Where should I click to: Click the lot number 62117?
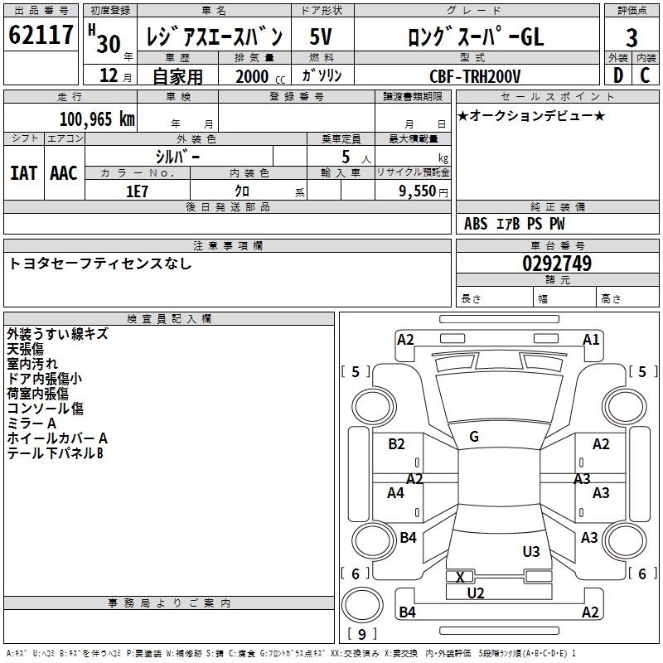[x=41, y=35]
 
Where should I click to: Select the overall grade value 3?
[x=632, y=37]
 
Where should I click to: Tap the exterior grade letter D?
[x=618, y=75]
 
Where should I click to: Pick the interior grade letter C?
[x=645, y=75]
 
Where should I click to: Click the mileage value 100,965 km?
[x=97, y=119]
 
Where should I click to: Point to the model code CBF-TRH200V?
[x=475, y=76]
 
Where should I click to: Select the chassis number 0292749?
[x=557, y=264]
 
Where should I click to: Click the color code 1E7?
[x=137, y=191]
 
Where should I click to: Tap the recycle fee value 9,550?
[x=418, y=191]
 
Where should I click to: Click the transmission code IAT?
[x=24, y=173]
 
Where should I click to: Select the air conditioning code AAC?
[x=64, y=173]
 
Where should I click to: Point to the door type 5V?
[x=321, y=36]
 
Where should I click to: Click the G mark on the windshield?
[x=474, y=437]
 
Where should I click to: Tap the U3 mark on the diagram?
[x=531, y=551]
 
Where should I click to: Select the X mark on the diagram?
[x=461, y=577]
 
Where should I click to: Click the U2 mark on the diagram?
[x=476, y=593]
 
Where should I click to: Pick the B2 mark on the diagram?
[x=396, y=443]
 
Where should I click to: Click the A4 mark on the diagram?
[x=395, y=492]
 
